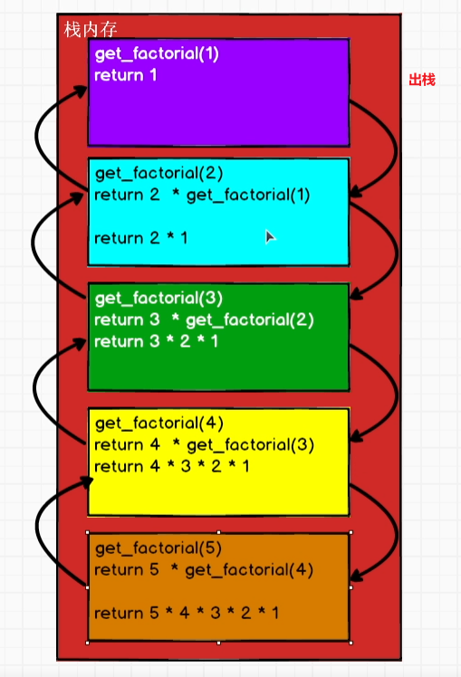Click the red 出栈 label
coord(422,80)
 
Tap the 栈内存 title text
coord(91,29)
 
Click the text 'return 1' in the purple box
coord(125,75)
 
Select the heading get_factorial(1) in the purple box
coord(157,54)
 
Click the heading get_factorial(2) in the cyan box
coord(159,174)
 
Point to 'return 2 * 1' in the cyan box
coord(141,238)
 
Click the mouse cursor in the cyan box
coord(270,237)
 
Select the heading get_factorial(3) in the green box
coord(158,299)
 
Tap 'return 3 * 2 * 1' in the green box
coord(156,341)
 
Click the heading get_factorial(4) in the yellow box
coord(159,424)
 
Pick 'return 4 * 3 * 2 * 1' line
coord(171,466)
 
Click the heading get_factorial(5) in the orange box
coord(158,548)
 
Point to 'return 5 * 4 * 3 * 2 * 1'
coord(187,613)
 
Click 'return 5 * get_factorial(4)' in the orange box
coord(204,570)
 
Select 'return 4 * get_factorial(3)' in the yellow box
coord(204,445)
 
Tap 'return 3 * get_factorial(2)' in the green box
coord(204,319)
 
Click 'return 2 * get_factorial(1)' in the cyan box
coord(202,195)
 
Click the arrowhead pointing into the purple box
coord(81,91)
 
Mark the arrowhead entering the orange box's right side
coord(356,577)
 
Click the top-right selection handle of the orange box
coord(351,532)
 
